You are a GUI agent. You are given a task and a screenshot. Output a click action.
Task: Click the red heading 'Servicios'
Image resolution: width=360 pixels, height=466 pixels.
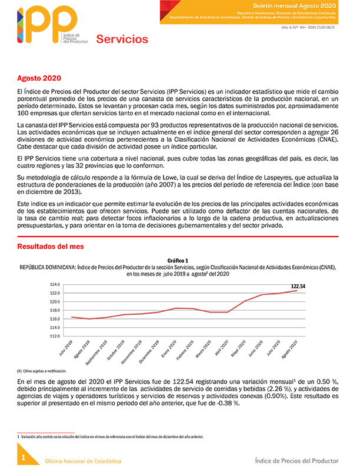[122, 40]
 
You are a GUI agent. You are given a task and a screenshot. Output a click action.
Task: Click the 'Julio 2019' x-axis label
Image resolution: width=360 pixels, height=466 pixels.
[66, 349]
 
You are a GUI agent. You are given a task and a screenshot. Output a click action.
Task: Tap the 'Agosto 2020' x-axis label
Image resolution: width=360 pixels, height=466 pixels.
[291, 349]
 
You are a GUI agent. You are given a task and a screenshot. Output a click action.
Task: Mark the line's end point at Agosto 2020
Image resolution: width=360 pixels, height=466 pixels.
[296, 291]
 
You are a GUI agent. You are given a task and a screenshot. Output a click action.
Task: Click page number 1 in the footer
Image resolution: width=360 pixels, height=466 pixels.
[23, 458]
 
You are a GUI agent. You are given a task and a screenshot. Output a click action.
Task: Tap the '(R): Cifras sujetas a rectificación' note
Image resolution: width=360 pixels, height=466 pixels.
[42, 371]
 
